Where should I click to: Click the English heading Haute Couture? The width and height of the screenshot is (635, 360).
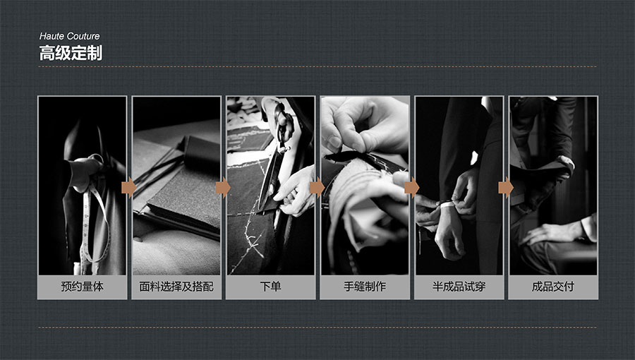[x=69, y=36]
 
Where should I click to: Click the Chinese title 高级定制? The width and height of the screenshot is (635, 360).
[x=71, y=53]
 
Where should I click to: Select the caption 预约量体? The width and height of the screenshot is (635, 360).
[x=83, y=287]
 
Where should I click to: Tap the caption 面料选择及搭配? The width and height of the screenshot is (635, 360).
[x=176, y=287]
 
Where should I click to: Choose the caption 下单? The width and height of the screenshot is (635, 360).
[x=270, y=287]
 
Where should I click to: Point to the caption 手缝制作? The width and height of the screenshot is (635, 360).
[x=365, y=287]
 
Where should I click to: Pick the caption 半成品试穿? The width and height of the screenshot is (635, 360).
[x=459, y=287]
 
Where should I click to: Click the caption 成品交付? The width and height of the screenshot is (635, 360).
[x=552, y=287]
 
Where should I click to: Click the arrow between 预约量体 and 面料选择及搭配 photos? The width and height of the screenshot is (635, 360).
[x=129, y=188]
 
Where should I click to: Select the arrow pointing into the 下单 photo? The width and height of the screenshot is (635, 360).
[x=223, y=188]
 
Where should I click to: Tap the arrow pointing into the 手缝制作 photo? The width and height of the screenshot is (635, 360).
[x=317, y=188]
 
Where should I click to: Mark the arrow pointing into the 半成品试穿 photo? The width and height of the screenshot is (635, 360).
[x=411, y=188]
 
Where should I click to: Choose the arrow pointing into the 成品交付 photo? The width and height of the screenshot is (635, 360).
[x=506, y=188]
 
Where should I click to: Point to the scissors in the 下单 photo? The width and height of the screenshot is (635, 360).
[x=274, y=162]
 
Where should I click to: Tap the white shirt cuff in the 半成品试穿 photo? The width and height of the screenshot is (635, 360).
[x=447, y=205]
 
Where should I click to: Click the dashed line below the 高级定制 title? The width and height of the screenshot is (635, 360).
[x=317, y=67]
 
